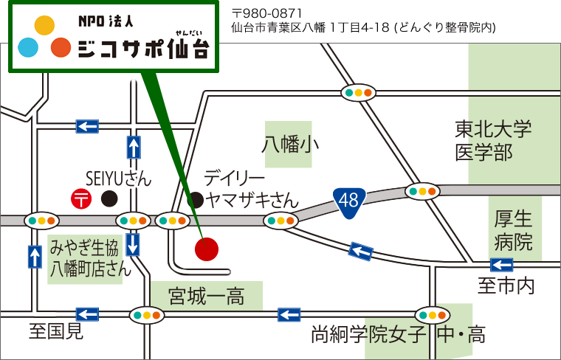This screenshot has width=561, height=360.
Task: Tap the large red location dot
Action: (207, 249)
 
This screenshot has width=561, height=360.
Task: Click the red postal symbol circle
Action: (80, 198)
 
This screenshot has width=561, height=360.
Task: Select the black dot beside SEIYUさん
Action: (109, 198)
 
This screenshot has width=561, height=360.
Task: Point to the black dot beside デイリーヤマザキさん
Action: (196, 198)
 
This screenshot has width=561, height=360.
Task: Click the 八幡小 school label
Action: (290, 144)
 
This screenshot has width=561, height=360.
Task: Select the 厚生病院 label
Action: (514, 230)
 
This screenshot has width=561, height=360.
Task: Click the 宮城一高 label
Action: (206, 297)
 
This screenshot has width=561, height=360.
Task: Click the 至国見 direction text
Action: (56, 332)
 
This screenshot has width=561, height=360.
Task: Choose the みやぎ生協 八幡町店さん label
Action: (90, 257)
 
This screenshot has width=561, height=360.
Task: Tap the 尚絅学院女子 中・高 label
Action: (399, 336)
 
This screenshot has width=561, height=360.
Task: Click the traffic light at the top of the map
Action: (359, 92)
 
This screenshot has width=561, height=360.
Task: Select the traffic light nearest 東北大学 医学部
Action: (422, 191)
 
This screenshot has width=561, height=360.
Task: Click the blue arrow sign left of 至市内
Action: (501, 266)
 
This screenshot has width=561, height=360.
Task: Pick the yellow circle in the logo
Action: (44, 25)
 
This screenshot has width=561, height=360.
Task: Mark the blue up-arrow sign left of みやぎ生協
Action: (35, 257)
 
